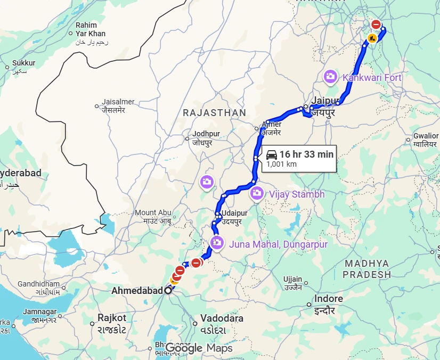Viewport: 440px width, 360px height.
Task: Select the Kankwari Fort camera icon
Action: tap(330, 77)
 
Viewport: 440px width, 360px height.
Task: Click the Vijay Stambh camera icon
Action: tap(257, 194)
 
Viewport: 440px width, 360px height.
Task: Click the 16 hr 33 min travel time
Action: tap(306, 154)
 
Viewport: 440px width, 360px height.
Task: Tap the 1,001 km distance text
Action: tap(281, 164)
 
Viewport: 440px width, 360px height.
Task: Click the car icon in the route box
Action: tap(271, 154)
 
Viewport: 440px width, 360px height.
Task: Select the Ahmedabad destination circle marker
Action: tap(168, 291)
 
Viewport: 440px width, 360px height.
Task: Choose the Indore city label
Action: tap(329, 299)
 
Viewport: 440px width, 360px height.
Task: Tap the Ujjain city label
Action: tap(292, 279)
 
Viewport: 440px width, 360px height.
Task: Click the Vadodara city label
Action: tap(222, 318)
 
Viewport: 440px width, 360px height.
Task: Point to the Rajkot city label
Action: tap(111, 318)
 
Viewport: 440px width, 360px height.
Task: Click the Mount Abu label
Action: tap(153, 212)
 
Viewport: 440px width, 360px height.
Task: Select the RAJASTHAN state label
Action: tap(214, 113)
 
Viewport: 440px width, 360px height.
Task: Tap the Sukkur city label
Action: tap(23, 63)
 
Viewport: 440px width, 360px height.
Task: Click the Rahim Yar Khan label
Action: tap(91, 29)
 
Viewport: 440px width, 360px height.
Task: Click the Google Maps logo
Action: tap(199, 348)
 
